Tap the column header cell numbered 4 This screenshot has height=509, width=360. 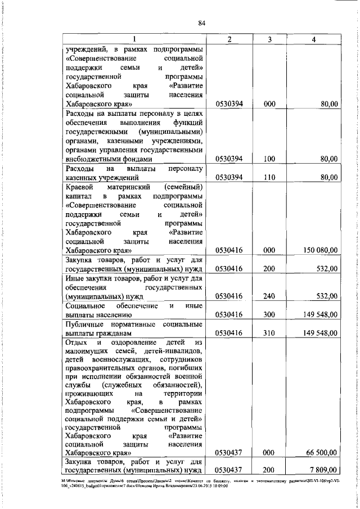click(x=313, y=38)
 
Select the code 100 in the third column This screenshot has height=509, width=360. click(x=269, y=159)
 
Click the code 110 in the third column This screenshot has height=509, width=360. click(x=269, y=177)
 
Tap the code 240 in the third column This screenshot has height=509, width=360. click(x=269, y=296)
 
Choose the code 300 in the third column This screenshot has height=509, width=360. click(x=269, y=314)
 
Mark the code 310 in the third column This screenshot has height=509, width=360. click(x=269, y=332)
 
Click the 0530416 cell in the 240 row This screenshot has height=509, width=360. click(x=229, y=296)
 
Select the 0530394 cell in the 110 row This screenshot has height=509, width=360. click(x=229, y=177)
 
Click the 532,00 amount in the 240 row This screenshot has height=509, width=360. click(x=326, y=296)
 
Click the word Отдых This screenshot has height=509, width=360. click(x=77, y=342)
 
